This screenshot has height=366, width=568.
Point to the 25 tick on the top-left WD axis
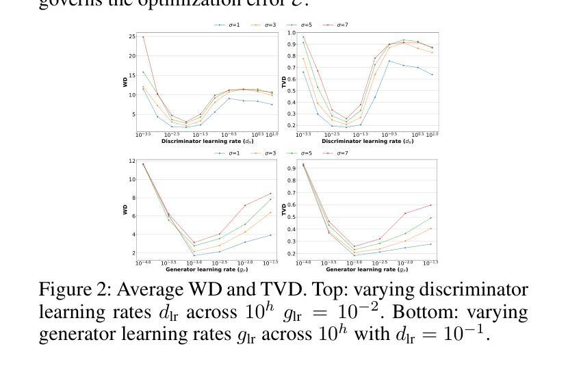pyautogui.click(x=131, y=36)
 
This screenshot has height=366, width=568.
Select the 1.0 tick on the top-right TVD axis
pyautogui.click(x=292, y=32)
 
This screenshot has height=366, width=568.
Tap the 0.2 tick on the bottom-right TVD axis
pyautogui.click(x=292, y=253)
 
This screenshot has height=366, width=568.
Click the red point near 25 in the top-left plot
pyautogui.click(x=143, y=37)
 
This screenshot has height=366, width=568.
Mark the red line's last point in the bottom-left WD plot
pyautogui.click(x=270, y=194)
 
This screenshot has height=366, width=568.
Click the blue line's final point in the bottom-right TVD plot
pyautogui.click(x=431, y=244)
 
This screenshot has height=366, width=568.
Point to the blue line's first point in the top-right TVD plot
pyautogui.click(x=304, y=72)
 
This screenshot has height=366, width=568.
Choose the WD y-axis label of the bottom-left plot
pyautogui.click(x=125, y=210)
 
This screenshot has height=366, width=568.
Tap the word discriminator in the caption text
pyautogui.click(x=462, y=290)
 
